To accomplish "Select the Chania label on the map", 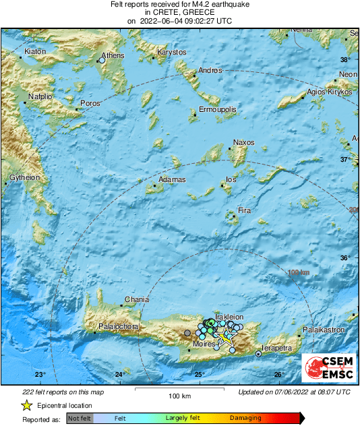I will click(137, 300).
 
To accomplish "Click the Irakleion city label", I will click(228, 317).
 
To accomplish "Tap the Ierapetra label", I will click(277, 348).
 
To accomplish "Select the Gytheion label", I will click(24, 177).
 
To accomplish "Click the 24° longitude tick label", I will click(119, 375).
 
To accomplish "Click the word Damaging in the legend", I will click(245, 418).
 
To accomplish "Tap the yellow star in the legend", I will click(27, 405).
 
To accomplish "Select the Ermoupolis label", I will click(218, 109).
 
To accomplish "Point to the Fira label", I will click(245, 211).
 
